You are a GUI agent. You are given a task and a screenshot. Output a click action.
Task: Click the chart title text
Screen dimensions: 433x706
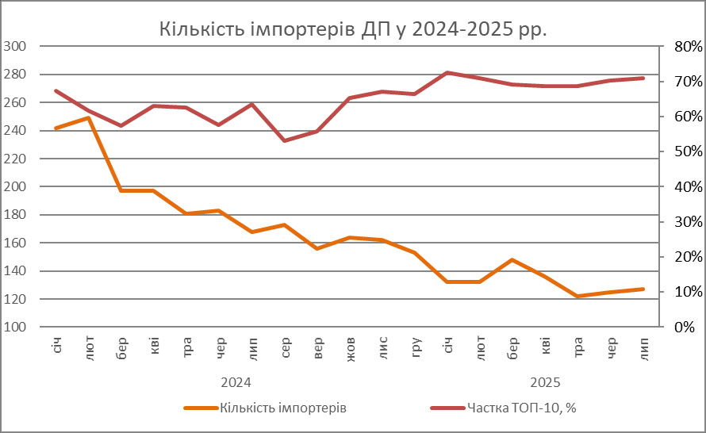[353, 29]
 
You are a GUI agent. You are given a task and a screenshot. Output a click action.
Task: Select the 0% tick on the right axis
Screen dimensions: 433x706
[685, 327]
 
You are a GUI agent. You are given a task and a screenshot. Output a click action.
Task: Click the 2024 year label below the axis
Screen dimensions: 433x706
[236, 382]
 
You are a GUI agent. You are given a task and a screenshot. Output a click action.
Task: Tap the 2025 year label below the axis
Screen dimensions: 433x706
[545, 382]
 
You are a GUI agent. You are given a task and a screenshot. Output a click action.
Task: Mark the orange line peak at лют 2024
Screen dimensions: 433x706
[88, 117]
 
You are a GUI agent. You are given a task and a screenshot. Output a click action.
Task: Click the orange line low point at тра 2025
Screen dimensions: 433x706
[577, 297]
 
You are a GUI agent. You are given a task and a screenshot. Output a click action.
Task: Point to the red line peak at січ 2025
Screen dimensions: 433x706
[447, 73]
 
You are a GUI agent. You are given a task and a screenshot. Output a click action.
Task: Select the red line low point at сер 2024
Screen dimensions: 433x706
[284, 140]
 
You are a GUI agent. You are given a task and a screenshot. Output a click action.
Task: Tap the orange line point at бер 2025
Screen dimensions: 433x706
[512, 259]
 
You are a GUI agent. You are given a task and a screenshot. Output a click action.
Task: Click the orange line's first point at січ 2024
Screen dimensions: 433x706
[56, 128]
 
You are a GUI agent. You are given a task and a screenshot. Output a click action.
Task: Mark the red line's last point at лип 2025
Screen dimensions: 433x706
[643, 78]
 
